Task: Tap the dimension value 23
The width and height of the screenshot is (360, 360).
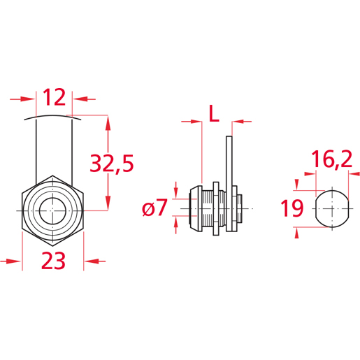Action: (x=53, y=261)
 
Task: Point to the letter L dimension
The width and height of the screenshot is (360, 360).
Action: (x=215, y=111)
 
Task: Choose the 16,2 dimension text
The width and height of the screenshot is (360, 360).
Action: (x=331, y=160)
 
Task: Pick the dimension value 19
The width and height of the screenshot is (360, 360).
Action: (x=291, y=208)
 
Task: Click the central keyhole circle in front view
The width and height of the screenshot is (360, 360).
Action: (x=53, y=210)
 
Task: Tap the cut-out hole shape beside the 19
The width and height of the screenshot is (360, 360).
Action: (x=329, y=208)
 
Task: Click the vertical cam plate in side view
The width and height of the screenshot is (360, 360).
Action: (x=229, y=182)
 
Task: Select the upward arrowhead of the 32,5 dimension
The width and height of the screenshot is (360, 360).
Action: (x=108, y=123)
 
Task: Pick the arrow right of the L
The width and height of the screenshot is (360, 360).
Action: (x=242, y=122)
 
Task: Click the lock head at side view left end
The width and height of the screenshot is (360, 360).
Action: (x=193, y=208)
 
